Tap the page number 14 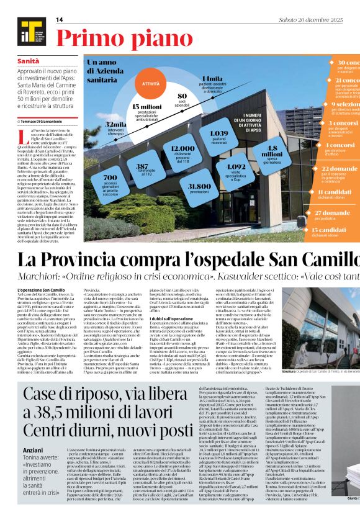(x=60, y=20)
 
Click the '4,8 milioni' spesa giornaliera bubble (x=272, y=151)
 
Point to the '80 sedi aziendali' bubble (x=182, y=99)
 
